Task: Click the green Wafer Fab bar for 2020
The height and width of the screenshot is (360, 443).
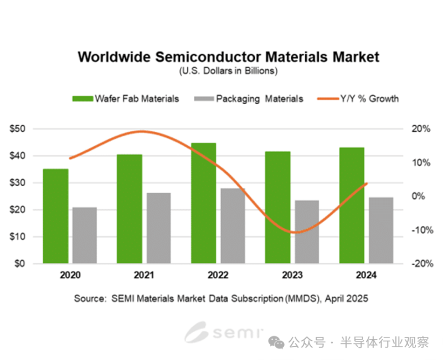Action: pos(55,216)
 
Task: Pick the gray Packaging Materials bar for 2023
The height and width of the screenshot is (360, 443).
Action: pos(307,232)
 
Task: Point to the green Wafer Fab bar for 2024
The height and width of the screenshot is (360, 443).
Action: pos(352,205)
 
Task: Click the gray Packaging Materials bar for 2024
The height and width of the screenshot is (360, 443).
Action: pos(381,230)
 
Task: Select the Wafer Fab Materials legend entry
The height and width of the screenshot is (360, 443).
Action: pos(126,99)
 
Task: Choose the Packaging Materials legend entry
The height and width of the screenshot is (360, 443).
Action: pos(249,99)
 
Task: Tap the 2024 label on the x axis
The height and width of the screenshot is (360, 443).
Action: pos(366,275)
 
